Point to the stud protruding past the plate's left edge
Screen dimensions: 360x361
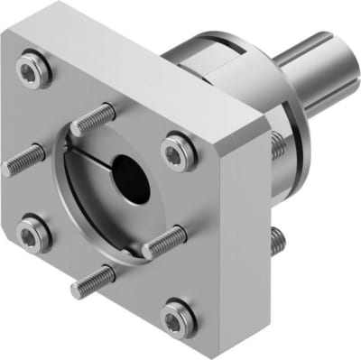pyautogui.click(x=20, y=160)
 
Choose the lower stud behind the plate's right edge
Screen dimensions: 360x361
pyautogui.click(x=279, y=239)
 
